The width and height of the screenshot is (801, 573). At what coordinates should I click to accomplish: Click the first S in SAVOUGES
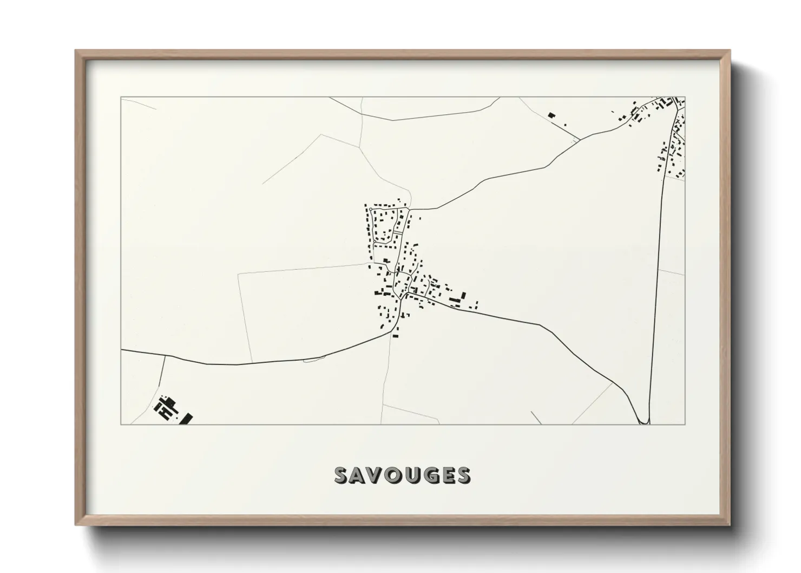click(342, 475)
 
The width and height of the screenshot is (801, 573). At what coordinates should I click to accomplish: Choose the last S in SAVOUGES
click(463, 475)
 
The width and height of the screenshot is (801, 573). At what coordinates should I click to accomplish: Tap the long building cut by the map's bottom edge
click(188, 419)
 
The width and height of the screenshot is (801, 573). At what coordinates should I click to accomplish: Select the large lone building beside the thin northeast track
click(551, 115)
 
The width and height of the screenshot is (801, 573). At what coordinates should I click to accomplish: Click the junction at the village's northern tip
click(410, 209)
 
